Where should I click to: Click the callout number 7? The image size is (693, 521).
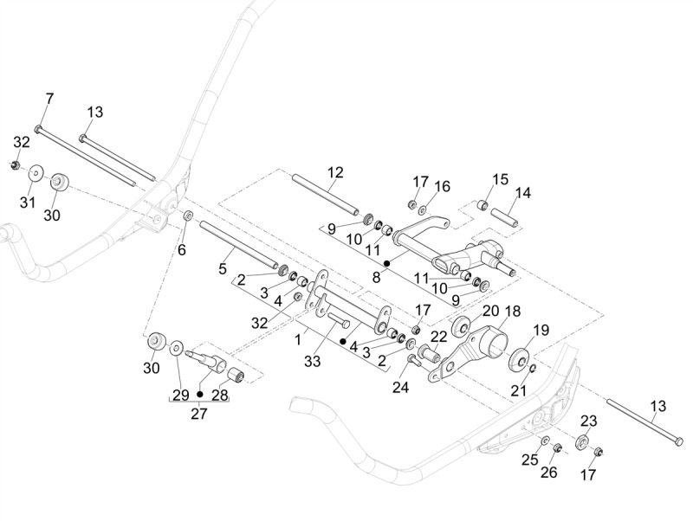point(49,99)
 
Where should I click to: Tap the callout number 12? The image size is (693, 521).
point(335,172)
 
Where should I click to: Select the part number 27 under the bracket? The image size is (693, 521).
point(199,414)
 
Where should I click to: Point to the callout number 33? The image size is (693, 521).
point(312,361)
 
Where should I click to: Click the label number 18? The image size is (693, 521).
point(512,311)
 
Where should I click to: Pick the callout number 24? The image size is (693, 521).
point(400,387)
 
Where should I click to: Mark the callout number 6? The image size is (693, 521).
point(182,250)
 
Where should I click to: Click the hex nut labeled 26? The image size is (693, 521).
point(558,447)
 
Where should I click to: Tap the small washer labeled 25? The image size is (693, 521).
point(546,440)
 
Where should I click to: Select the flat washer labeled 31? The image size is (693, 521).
point(36,172)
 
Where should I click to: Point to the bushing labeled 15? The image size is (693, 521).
point(483,205)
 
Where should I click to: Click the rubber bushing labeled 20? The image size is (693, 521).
point(460,326)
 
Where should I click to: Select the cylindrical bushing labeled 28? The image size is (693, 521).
point(236,376)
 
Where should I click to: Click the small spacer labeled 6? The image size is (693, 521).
point(188,215)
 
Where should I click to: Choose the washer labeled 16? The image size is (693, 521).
point(423,209)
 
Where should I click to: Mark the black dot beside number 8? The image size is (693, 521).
point(386,263)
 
